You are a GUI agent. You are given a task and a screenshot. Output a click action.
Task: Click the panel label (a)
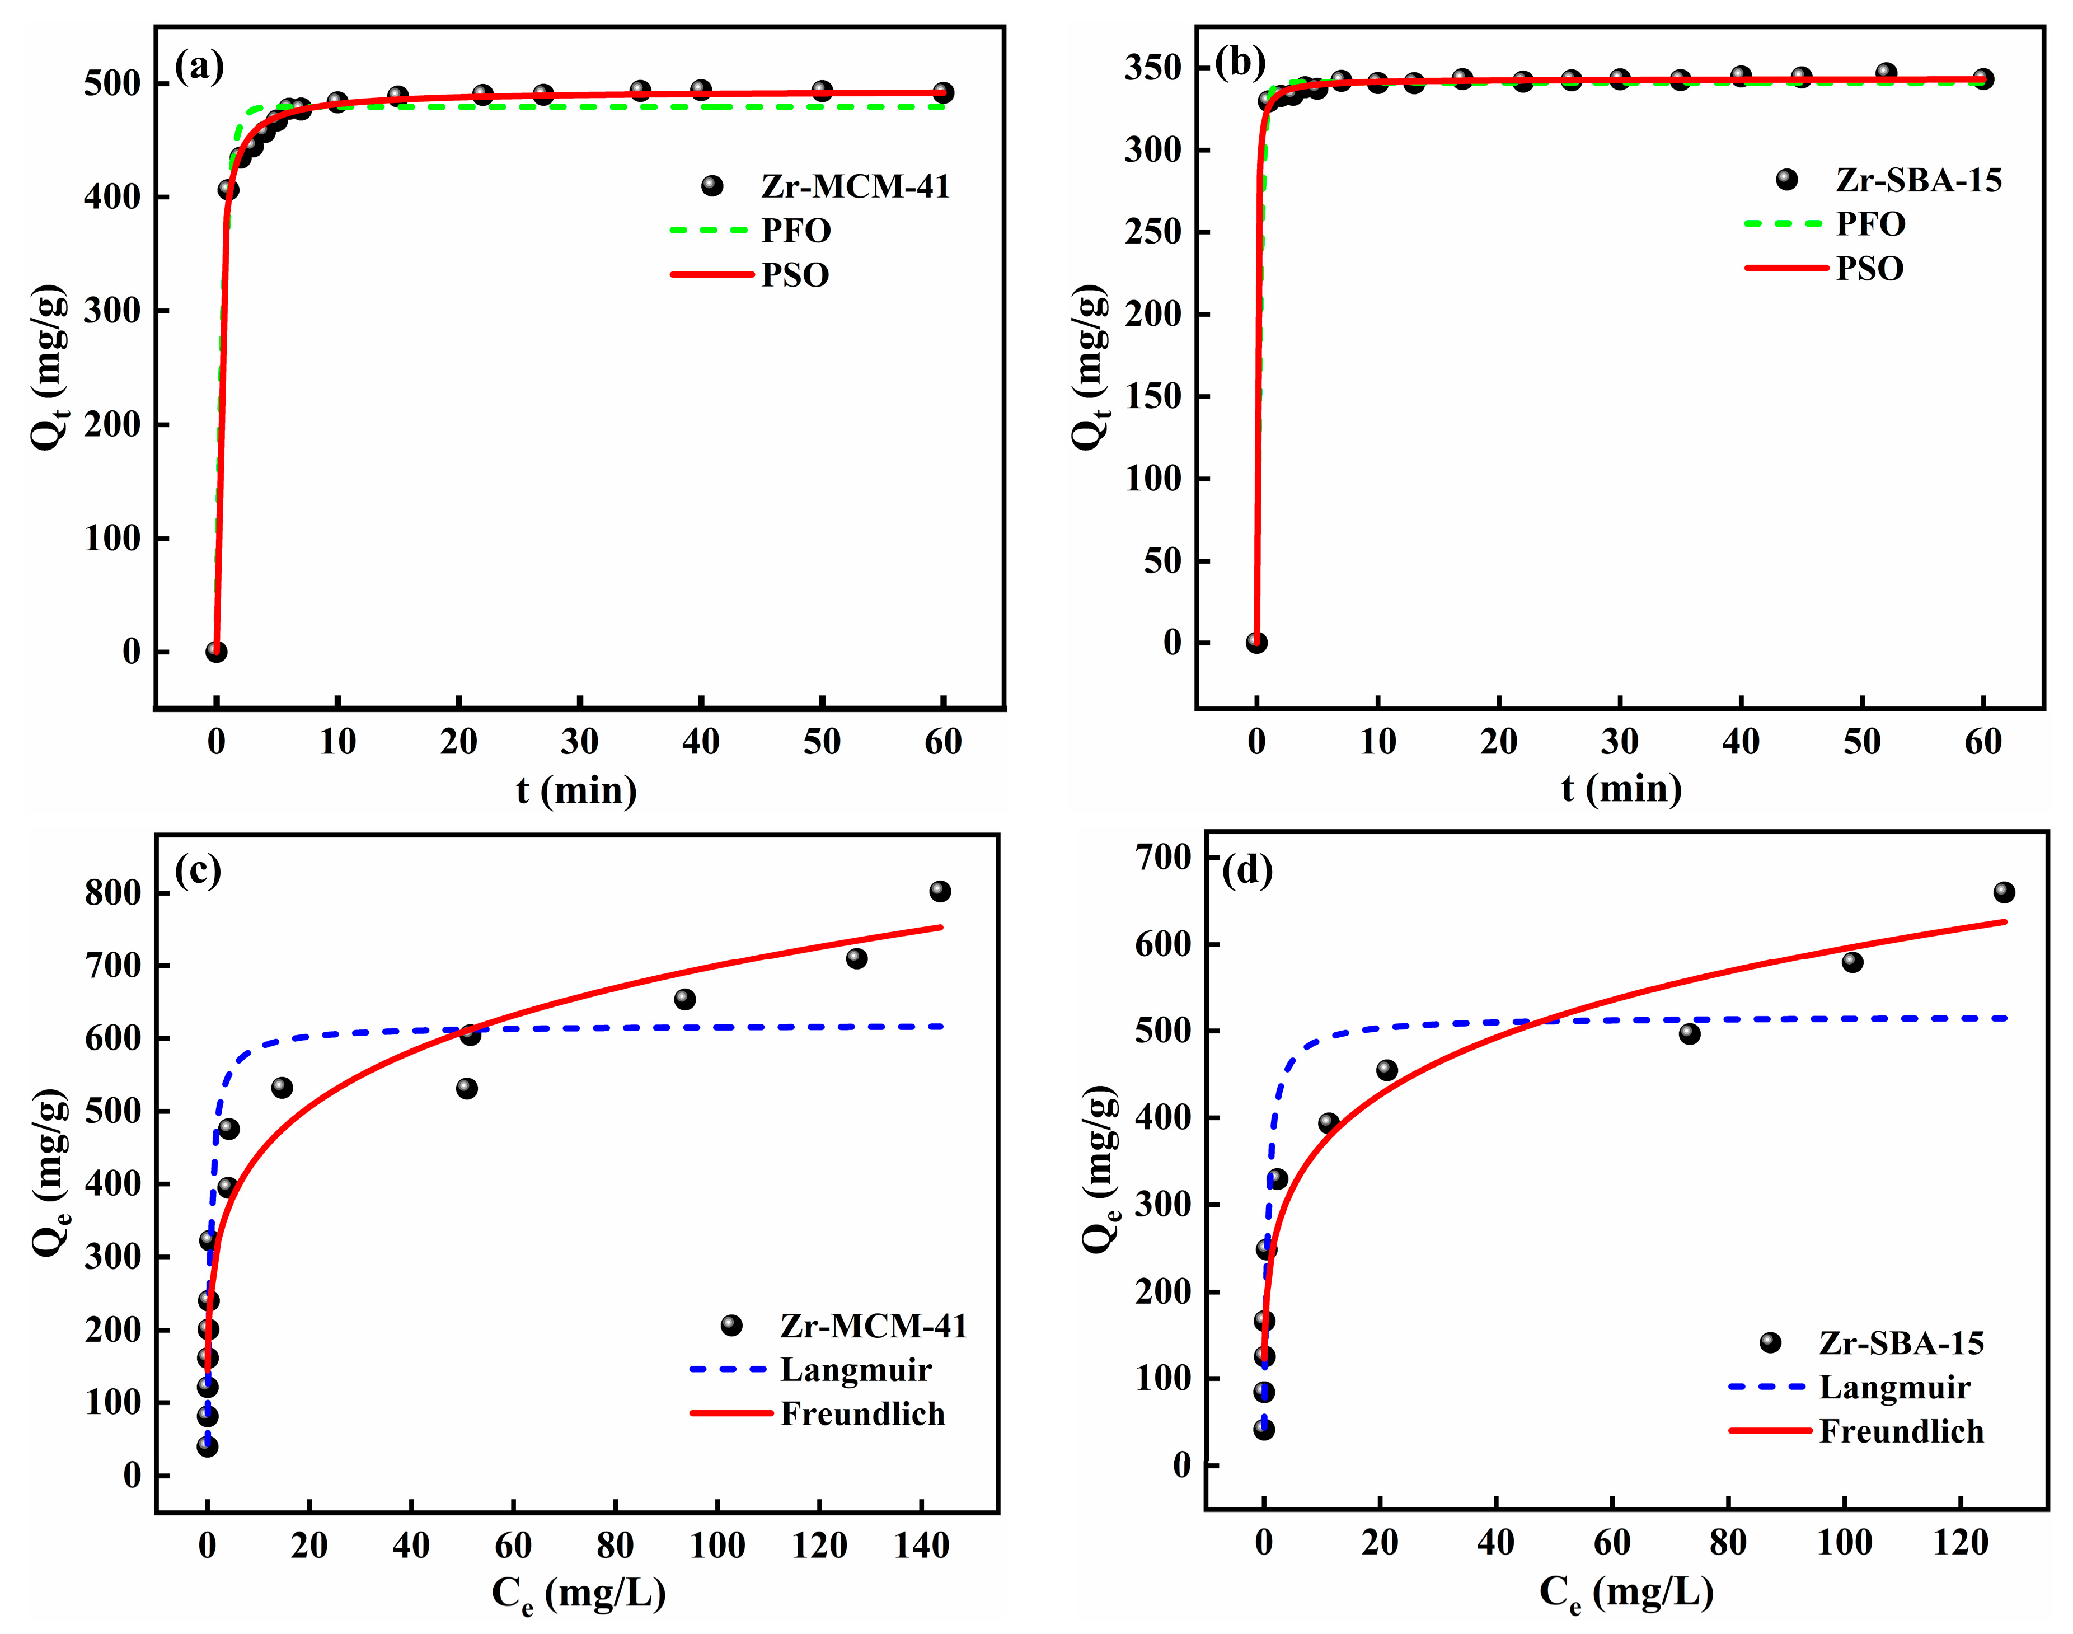199,67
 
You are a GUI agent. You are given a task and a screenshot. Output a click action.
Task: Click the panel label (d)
1247,870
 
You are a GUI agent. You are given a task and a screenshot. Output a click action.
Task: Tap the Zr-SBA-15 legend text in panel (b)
1918,180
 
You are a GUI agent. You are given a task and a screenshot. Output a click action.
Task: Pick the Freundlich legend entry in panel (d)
1901,1431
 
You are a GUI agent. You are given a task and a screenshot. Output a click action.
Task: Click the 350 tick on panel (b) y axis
1153,68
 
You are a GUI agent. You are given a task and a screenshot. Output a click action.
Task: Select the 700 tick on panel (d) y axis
1163,856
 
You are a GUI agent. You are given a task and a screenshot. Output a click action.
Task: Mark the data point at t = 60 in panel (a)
943,93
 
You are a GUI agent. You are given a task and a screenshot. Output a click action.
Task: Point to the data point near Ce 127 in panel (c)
856,958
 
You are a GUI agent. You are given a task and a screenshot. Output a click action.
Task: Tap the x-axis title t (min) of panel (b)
1621,788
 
